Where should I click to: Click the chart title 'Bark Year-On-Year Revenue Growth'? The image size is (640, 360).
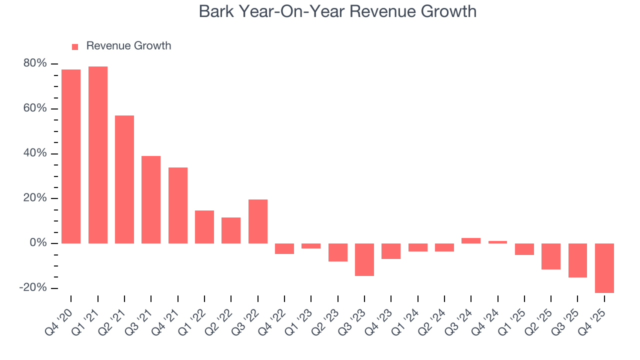(x=337, y=11)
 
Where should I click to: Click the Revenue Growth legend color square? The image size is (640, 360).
(x=75, y=46)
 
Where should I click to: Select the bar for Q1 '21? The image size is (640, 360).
(x=98, y=155)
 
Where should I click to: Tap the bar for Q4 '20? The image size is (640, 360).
(x=71, y=156)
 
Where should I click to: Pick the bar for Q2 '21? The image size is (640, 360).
(x=124, y=179)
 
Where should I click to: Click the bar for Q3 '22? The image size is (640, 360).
(x=258, y=221)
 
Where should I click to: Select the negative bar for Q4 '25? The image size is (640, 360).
(x=604, y=268)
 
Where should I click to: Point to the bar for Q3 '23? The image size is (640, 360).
(x=364, y=259)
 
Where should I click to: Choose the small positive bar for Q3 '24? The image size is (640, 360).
(x=471, y=240)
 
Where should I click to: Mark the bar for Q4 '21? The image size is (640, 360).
(x=178, y=205)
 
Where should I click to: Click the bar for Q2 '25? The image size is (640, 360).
(x=551, y=256)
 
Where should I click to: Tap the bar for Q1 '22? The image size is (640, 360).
(x=204, y=227)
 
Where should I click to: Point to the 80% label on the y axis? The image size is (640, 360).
(x=35, y=63)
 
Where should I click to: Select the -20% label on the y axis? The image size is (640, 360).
(x=33, y=288)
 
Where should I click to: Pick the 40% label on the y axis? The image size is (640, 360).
(x=35, y=153)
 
